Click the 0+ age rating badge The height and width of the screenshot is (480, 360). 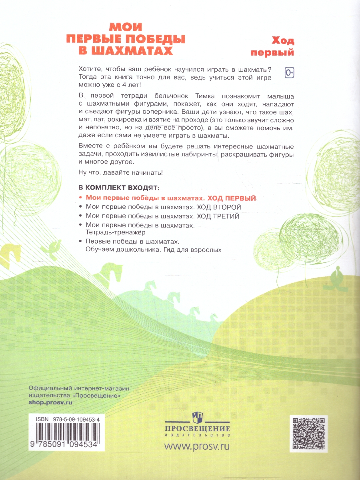coord(289,72)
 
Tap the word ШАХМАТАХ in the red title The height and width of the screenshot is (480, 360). coord(137,51)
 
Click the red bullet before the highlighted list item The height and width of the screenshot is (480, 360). coord(81,198)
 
